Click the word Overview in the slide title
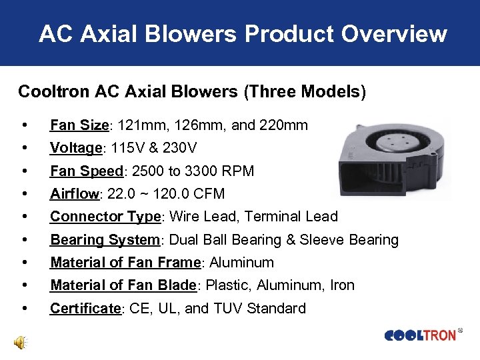click(x=395, y=33)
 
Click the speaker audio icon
click(x=20, y=343)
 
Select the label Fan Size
click(x=79, y=125)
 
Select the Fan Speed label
click(x=87, y=171)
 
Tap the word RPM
click(x=239, y=171)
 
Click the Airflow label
click(x=73, y=194)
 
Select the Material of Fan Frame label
click(x=125, y=263)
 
